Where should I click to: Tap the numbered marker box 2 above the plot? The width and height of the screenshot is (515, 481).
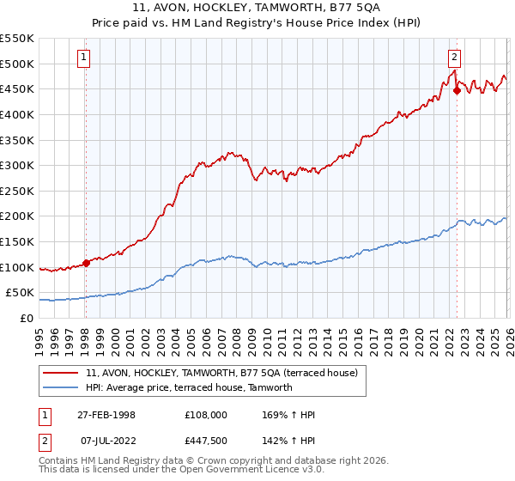point(454,58)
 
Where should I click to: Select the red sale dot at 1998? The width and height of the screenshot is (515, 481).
point(86,263)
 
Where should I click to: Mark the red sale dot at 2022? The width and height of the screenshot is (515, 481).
point(457,90)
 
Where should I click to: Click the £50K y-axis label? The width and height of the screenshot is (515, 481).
point(21,293)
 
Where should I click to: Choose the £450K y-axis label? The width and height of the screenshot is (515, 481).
point(17,88)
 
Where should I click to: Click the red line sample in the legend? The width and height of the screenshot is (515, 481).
point(62,373)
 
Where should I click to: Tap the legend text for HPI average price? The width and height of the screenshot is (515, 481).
point(189,387)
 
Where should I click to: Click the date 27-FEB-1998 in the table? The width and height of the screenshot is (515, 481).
point(106,415)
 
